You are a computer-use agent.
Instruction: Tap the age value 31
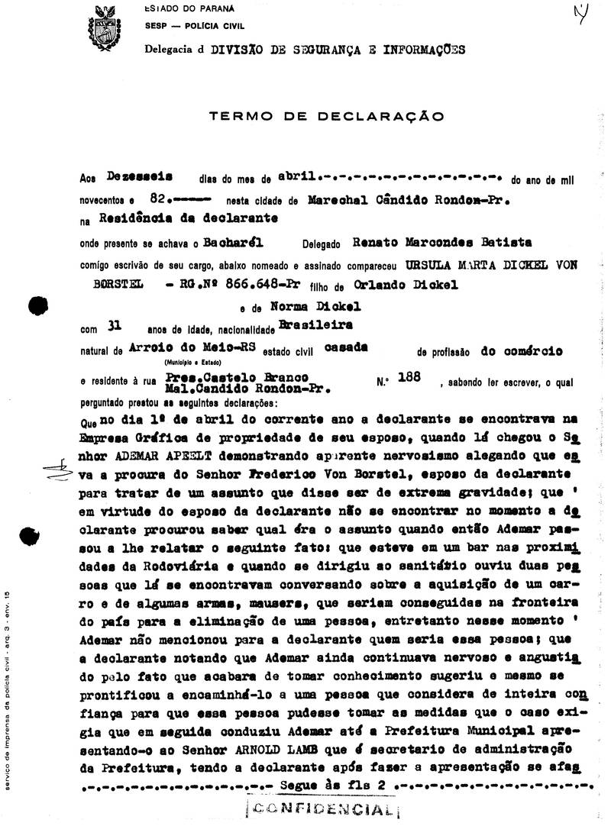click(115, 327)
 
